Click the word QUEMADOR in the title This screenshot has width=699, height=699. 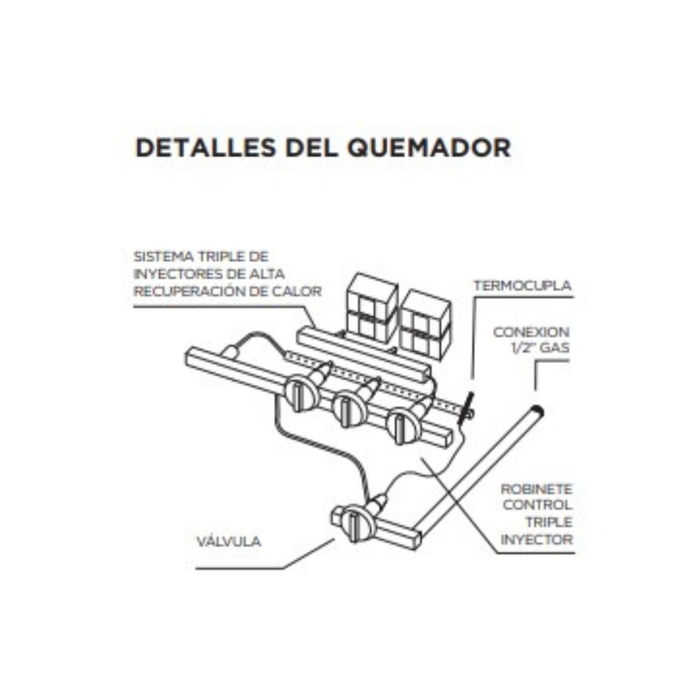(429, 148)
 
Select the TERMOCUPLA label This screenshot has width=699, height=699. (522, 285)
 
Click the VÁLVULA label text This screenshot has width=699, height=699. (228, 541)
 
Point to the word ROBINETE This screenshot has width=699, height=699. (537, 489)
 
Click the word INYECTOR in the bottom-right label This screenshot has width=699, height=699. (537, 539)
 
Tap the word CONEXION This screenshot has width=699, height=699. (531, 332)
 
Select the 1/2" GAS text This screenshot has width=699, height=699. (540, 348)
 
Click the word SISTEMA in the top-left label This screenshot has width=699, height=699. (164, 257)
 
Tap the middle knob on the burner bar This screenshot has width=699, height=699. (349, 406)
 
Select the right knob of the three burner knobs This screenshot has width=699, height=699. (403, 427)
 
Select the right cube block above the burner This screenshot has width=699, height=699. (425, 326)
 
